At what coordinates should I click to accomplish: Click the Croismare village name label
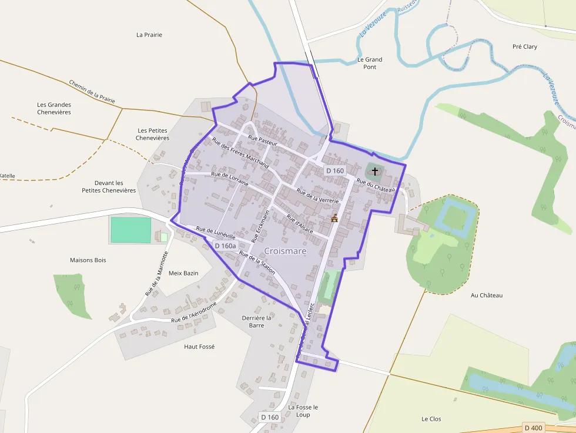(x=285, y=251)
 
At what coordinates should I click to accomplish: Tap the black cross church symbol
(x=375, y=171)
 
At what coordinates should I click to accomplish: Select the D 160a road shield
(x=225, y=246)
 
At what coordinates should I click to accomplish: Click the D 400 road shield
(x=534, y=428)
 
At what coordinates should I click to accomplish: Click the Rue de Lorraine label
(x=230, y=178)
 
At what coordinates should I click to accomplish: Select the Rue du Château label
(x=375, y=185)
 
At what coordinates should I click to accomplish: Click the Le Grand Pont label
(x=370, y=63)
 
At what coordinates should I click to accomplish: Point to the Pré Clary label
(x=525, y=46)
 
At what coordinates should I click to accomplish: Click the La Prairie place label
(x=149, y=35)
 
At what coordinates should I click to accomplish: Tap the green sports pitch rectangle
(x=130, y=230)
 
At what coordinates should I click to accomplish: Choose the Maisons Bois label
(x=88, y=260)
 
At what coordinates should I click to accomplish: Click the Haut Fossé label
(x=199, y=347)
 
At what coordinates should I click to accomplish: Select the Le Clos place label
(x=431, y=419)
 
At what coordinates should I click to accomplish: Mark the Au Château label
(x=487, y=295)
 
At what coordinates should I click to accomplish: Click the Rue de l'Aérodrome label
(x=194, y=312)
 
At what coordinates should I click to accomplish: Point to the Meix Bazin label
(x=183, y=273)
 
